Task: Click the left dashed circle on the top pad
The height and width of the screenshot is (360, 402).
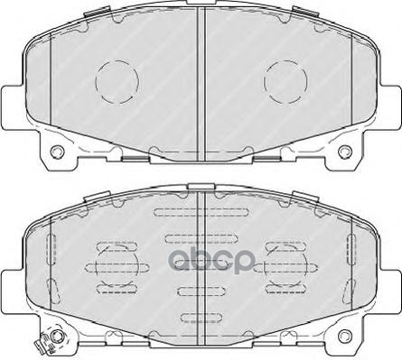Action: tap(96, 81)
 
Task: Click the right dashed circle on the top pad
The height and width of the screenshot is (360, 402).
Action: tap(264, 81)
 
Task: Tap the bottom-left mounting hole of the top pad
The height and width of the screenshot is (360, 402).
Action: tap(57, 152)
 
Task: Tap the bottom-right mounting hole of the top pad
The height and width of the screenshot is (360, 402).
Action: tap(345, 152)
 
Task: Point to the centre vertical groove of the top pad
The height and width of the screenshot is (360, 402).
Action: tap(201, 84)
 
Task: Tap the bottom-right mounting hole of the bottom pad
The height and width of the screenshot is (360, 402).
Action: tap(345, 336)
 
